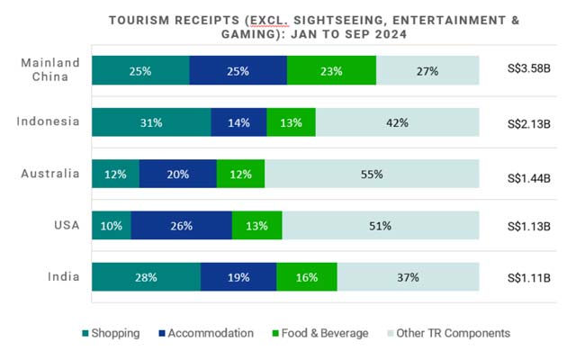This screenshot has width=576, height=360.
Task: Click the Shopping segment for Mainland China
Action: coord(140,70)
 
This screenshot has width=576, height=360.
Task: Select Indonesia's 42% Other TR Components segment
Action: coord(401,122)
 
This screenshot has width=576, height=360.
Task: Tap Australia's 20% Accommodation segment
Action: coord(178,174)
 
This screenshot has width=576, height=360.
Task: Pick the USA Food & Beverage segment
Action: coord(257,226)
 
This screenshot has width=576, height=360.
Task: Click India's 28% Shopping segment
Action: coord(146,277)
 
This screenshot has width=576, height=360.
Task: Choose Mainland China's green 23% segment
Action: coord(331,70)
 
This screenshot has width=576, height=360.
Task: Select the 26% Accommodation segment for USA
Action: coord(182,226)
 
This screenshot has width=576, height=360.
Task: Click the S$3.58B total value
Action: coord(529,70)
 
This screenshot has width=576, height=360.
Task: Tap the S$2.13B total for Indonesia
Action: coord(529,122)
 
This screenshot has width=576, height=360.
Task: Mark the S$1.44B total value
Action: coord(529,174)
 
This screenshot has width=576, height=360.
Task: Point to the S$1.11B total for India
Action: coord(529,277)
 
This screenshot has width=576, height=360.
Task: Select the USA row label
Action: coord(66,225)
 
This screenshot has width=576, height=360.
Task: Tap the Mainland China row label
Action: coord(50,69)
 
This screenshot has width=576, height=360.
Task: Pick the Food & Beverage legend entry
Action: coord(319,333)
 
